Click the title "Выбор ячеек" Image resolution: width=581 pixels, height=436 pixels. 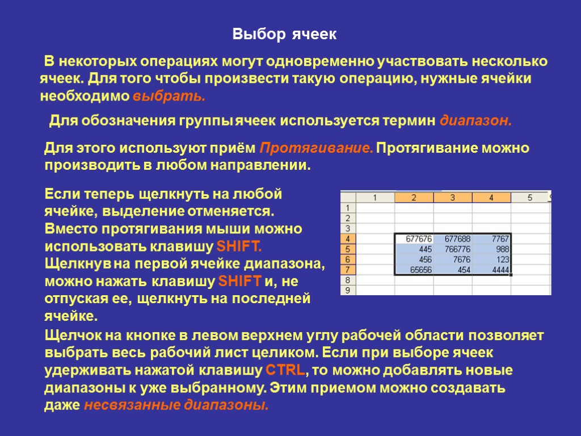(x=285, y=35)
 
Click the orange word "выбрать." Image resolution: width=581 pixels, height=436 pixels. (x=169, y=96)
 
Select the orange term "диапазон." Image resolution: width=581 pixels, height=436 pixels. (x=476, y=121)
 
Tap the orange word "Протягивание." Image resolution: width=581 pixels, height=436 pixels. (x=316, y=149)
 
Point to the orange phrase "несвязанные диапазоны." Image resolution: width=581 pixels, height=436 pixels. (x=176, y=405)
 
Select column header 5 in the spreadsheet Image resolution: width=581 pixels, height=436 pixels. (x=529, y=198)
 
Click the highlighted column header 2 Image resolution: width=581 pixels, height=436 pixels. (x=414, y=198)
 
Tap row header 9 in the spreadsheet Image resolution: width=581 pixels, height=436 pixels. (x=347, y=291)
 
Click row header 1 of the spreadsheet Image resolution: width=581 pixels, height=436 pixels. (x=347, y=208)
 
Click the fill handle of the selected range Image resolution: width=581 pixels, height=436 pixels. (x=511, y=275)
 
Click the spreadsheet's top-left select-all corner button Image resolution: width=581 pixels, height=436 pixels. (x=347, y=198)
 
